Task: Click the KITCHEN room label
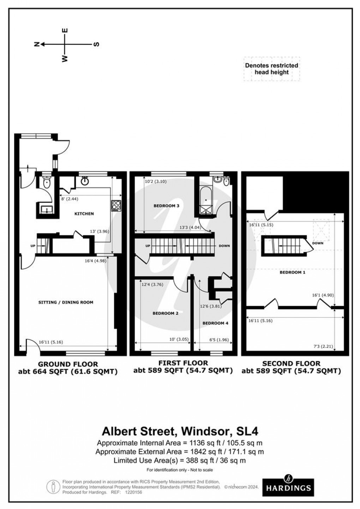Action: [x=84, y=214]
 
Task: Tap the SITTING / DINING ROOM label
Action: [x=66, y=302]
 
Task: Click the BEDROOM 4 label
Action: [x=215, y=323]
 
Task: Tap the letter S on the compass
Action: [x=96, y=45]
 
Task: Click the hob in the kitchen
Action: [x=116, y=205]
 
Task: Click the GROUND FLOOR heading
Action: [x=68, y=364]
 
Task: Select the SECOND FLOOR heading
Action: [x=291, y=363]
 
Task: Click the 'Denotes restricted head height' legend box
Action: [x=271, y=69]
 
